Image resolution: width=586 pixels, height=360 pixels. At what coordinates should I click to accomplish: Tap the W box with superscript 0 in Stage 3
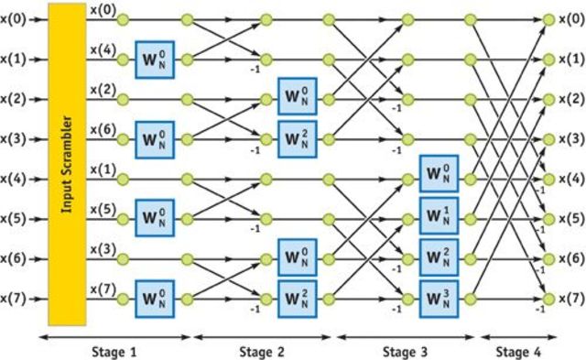[439, 173]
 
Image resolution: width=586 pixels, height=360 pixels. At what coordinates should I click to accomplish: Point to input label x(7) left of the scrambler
[16, 299]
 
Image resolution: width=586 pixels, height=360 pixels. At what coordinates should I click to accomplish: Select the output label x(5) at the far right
[570, 219]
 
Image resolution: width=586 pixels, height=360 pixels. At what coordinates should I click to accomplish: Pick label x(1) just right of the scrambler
[103, 169]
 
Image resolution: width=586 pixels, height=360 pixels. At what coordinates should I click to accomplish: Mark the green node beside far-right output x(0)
[548, 19]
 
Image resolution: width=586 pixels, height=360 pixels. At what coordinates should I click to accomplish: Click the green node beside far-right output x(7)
[548, 299]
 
